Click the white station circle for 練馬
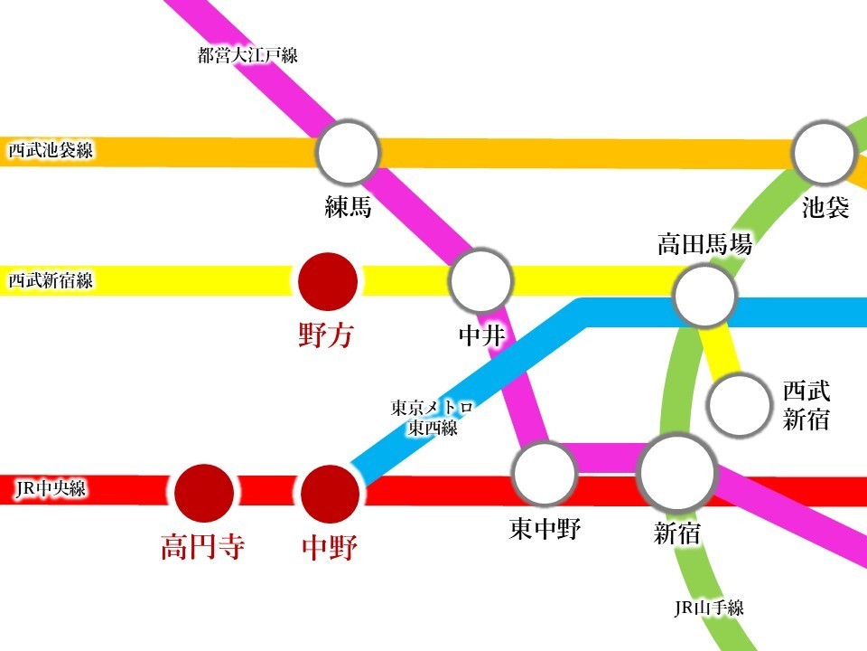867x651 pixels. [x=348, y=153]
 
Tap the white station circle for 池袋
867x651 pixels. [x=824, y=152]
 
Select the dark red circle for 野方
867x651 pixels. [x=327, y=281]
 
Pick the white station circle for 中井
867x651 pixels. [x=480, y=281]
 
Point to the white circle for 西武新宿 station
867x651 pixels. [x=739, y=406]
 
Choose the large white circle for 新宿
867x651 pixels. [x=676, y=473]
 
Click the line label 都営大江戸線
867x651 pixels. [x=247, y=56]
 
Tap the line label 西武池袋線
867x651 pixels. [x=51, y=151]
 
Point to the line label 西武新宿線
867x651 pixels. [x=51, y=281]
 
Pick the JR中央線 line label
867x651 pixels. [x=51, y=490]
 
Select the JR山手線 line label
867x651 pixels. [x=709, y=609]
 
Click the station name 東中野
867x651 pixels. [x=544, y=529]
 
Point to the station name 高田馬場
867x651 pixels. [x=704, y=243]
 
